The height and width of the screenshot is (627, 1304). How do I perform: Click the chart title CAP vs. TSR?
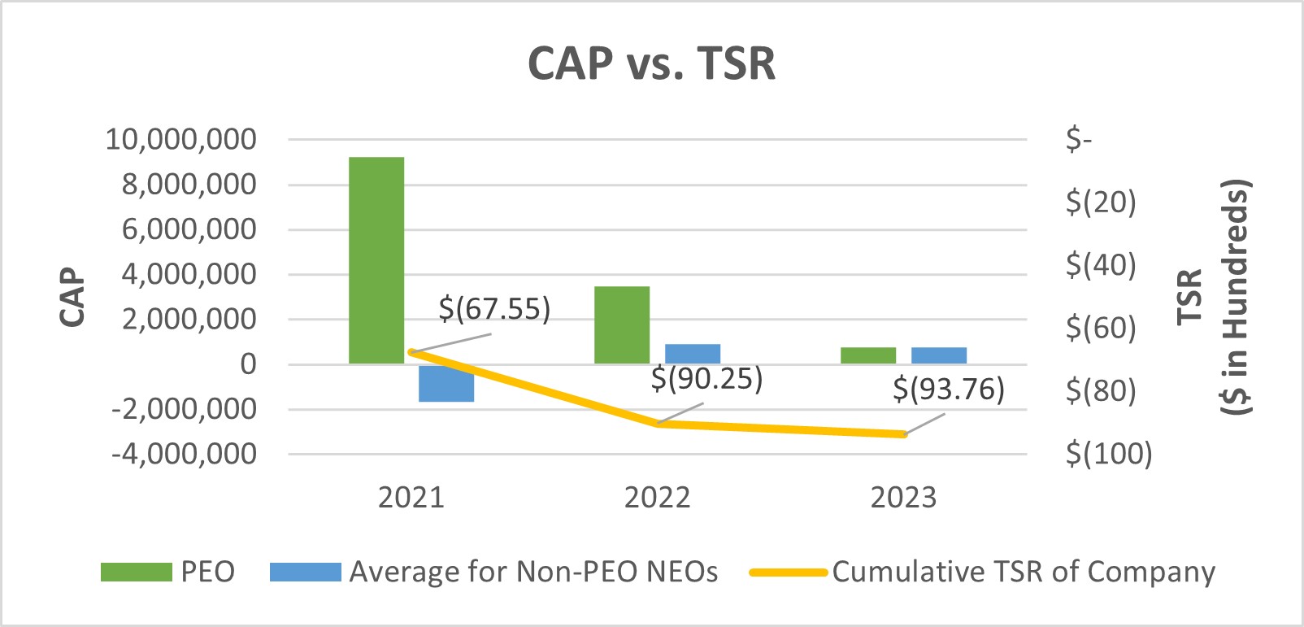tap(651, 63)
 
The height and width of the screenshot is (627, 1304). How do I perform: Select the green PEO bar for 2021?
tap(376, 260)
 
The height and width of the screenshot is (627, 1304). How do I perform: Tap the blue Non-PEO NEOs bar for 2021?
tap(446, 383)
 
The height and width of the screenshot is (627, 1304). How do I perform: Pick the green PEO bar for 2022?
tap(622, 324)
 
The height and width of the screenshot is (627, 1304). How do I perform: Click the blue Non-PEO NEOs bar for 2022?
tap(693, 354)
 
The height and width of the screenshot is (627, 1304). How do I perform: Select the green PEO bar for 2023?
tap(868, 355)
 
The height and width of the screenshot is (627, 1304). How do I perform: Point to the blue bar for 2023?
tap(939, 355)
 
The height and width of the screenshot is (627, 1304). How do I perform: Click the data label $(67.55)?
tap(494, 309)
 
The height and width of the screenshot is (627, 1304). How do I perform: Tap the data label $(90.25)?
tap(706, 379)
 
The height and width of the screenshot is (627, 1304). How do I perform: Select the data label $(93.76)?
tap(949, 390)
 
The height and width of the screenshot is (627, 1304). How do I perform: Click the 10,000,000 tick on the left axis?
tap(180, 140)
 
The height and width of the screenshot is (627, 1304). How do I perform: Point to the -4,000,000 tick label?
tap(184, 454)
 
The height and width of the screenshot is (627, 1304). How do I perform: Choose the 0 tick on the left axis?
tap(248, 364)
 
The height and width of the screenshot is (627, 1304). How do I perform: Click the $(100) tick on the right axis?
tap(1109, 454)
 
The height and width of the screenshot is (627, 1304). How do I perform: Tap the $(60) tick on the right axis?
tap(1101, 328)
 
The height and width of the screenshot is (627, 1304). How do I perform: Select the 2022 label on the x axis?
tap(657, 497)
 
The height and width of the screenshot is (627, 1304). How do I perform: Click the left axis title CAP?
tap(72, 297)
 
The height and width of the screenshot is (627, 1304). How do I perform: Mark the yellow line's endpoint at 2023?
tap(904, 434)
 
